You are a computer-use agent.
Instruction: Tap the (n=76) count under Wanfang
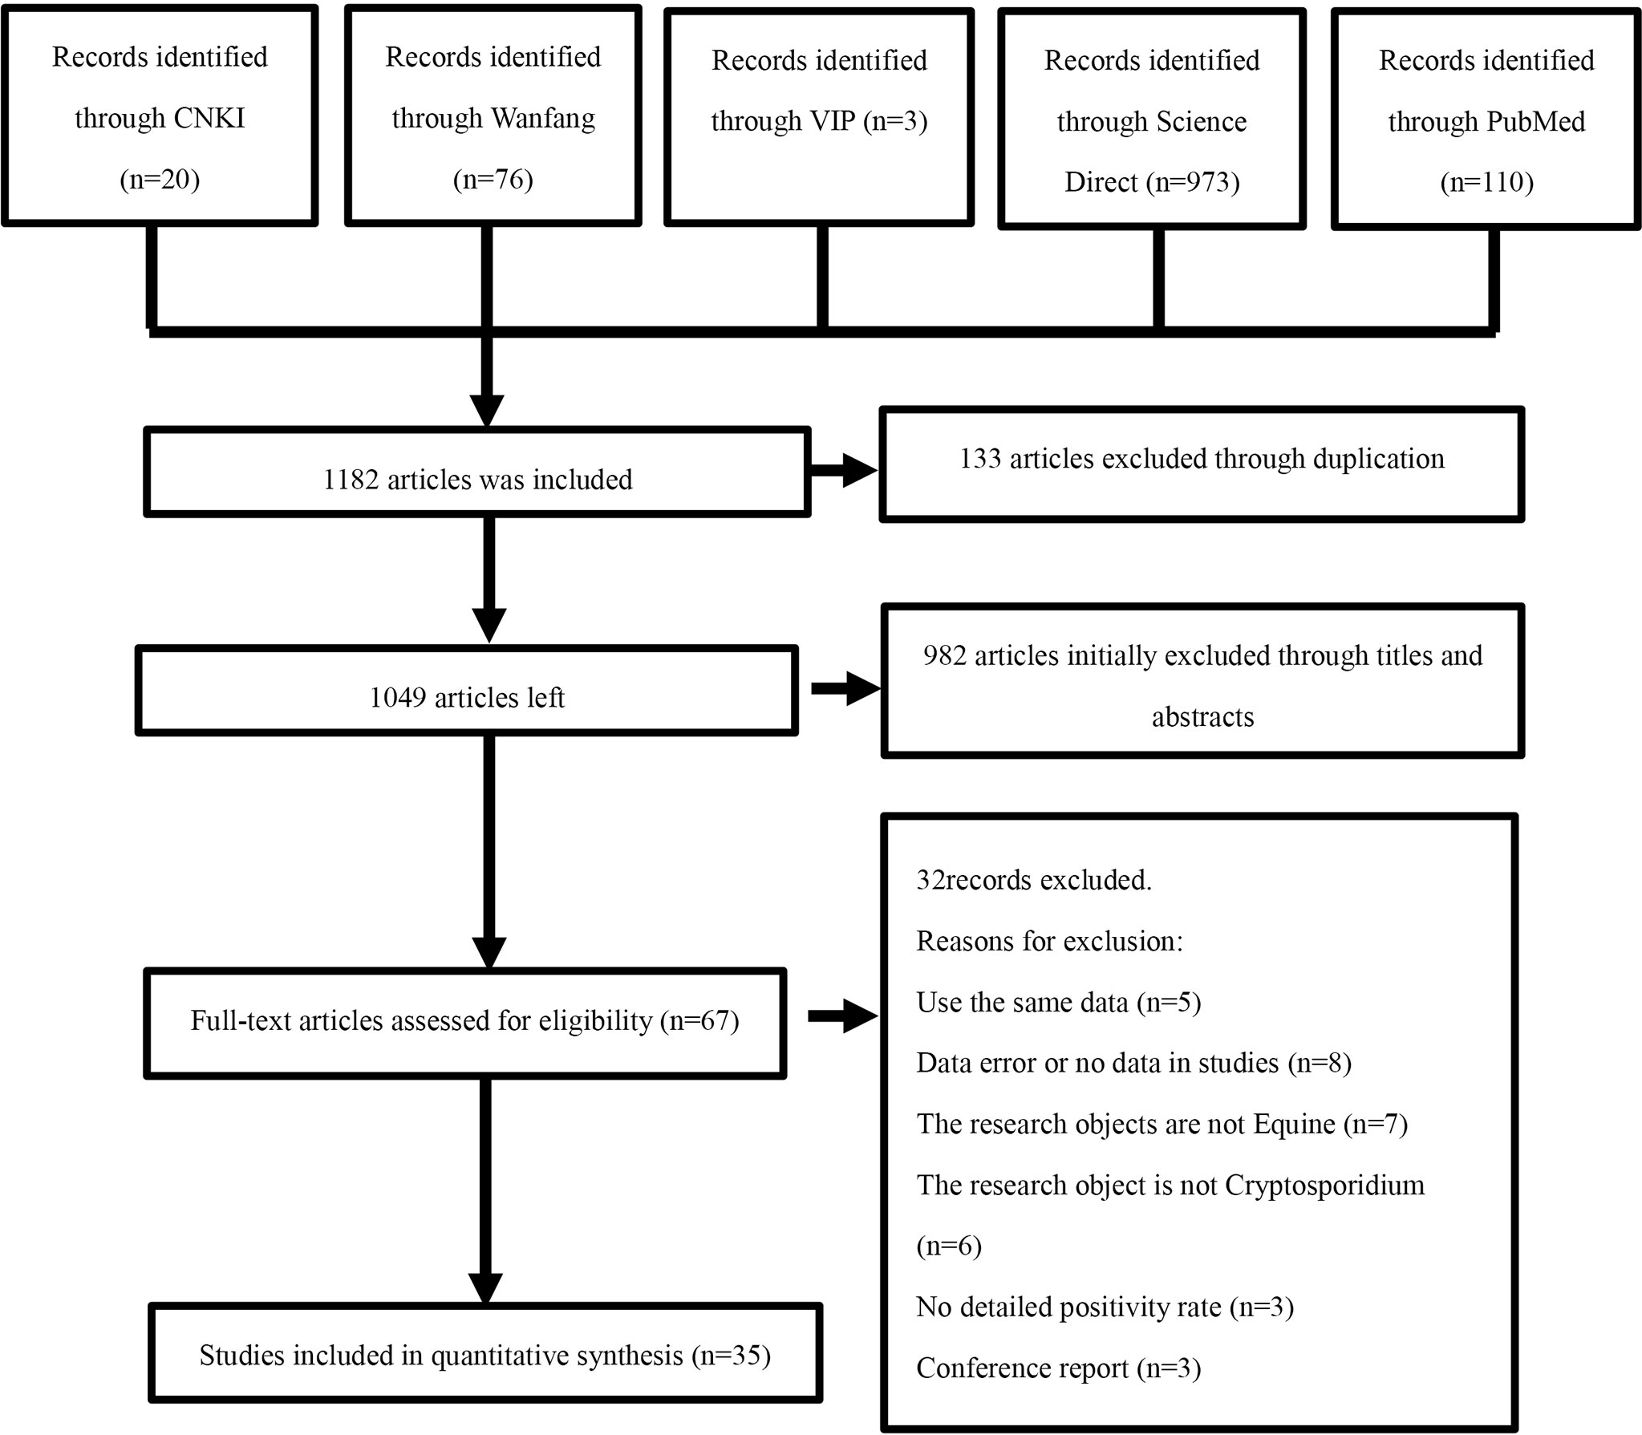pos(493,179)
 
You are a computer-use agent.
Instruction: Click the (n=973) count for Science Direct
pos(1193,183)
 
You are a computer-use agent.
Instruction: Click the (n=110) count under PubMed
pos(1486,183)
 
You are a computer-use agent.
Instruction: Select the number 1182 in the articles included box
pos(351,480)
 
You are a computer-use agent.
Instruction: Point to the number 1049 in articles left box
pos(398,698)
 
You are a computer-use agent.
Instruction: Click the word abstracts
pos(1202,717)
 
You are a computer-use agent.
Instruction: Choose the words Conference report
pos(1022,1368)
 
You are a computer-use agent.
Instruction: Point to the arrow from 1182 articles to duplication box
pos(844,472)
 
